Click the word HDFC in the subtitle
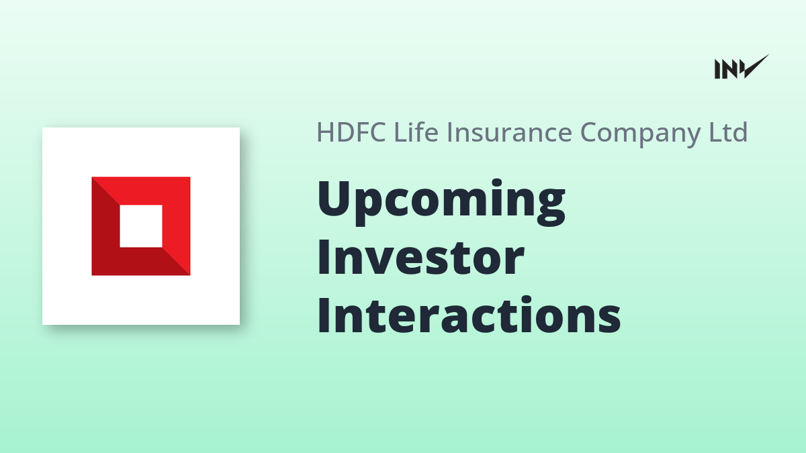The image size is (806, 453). [x=351, y=132]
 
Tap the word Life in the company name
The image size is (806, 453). [x=416, y=132]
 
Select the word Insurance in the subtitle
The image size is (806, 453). [x=510, y=132]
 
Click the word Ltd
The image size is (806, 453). [x=728, y=132]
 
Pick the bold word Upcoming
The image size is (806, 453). [x=441, y=203]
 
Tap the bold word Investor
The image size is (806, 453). [x=420, y=258]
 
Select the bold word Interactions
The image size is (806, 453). [x=469, y=315]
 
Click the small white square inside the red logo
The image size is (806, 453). [x=141, y=226]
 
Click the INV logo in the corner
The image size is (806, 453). [x=742, y=66]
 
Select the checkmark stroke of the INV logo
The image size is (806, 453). [x=756, y=66]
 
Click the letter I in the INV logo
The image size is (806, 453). [x=717, y=69]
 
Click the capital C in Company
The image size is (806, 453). [x=590, y=132]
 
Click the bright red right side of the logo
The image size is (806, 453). [x=176, y=223]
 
